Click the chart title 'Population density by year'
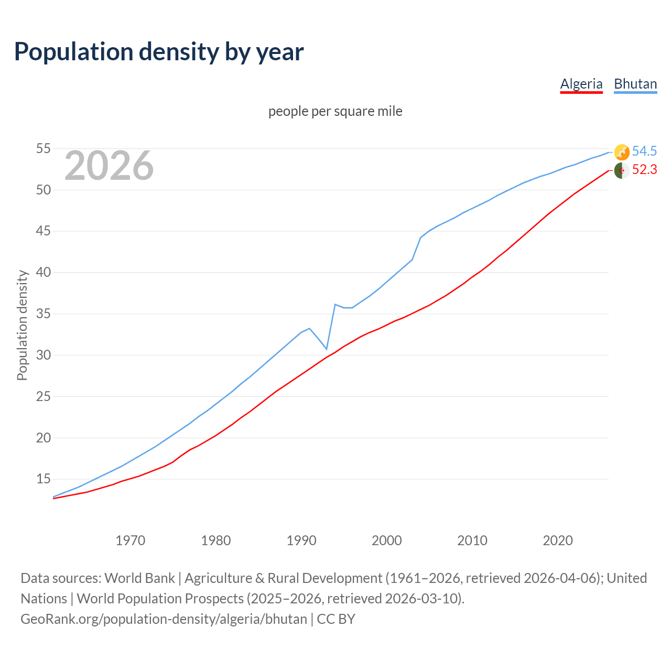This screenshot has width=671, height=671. (x=159, y=51)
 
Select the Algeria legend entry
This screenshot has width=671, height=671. (x=581, y=84)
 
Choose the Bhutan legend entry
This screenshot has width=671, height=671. (x=635, y=84)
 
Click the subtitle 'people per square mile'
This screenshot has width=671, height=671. (x=335, y=111)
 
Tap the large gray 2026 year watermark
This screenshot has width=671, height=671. (x=109, y=166)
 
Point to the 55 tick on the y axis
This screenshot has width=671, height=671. (x=43, y=149)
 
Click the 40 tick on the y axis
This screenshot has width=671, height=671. (x=43, y=273)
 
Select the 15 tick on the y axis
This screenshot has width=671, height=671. (x=43, y=479)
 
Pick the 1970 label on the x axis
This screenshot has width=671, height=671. (x=130, y=540)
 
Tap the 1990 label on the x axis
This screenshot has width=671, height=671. (x=301, y=540)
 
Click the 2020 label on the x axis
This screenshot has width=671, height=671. (x=558, y=540)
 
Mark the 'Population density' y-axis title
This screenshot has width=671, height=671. (x=22, y=325)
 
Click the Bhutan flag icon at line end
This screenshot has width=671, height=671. (x=622, y=152)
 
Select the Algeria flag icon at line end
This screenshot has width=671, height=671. (x=622, y=170)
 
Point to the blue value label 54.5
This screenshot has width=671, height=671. (x=644, y=151)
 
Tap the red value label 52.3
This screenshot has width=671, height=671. (x=644, y=170)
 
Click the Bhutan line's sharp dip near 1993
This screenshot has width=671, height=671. (x=327, y=349)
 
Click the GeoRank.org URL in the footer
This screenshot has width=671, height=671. (x=164, y=619)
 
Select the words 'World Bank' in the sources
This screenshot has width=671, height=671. (x=139, y=578)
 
